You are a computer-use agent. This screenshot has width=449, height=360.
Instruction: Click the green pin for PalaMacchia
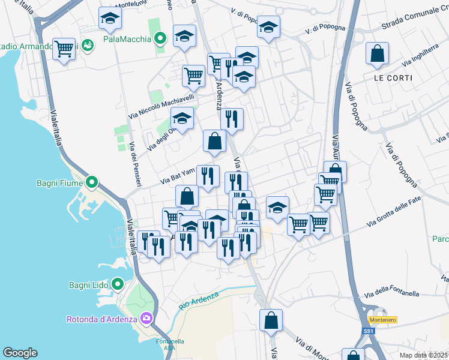point(160,40)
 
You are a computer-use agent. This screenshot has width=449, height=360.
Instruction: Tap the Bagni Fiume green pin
point(91,181)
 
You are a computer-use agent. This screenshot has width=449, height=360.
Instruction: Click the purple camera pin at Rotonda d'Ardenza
point(145,317)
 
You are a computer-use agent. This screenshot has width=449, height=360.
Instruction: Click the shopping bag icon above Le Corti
point(376,54)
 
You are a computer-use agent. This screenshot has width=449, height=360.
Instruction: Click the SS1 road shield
point(368,331)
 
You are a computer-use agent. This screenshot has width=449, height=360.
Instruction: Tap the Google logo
point(20,353)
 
